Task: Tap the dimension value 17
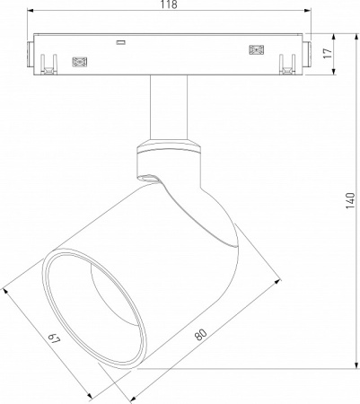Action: point(329,53)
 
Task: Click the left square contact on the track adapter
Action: point(79,62)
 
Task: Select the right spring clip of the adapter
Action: point(288,65)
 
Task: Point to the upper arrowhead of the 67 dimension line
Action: point(7,289)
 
